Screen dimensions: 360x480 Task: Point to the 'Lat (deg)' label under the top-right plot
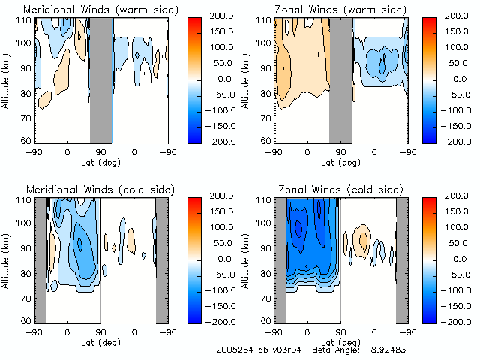(x=341, y=162)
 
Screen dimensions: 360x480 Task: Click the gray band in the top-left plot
(x=101, y=79)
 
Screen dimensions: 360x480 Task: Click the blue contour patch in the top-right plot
(x=382, y=64)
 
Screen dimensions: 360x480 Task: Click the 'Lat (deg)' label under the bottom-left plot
(x=101, y=341)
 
